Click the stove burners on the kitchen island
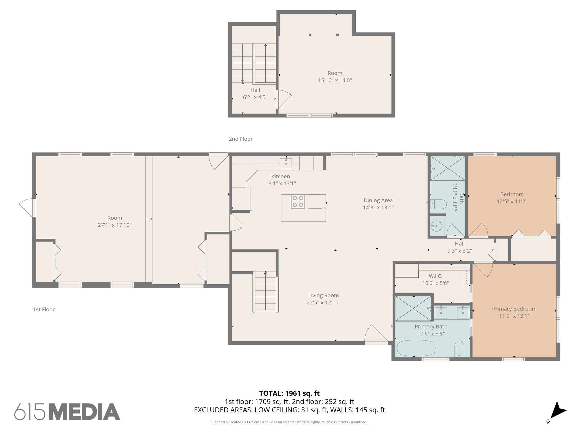click(x=298, y=201)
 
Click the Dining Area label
click(x=378, y=200)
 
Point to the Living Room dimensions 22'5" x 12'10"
click(x=323, y=302)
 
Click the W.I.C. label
click(x=435, y=276)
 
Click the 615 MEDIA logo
click(x=67, y=412)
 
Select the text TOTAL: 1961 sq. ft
click(x=289, y=393)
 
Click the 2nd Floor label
click(x=241, y=139)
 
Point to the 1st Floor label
click(x=44, y=309)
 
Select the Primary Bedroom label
click(x=514, y=309)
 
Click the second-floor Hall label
click(x=255, y=90)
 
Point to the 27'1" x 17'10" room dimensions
click(x=114, y=225)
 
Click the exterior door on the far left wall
click(x=27, y=208)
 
